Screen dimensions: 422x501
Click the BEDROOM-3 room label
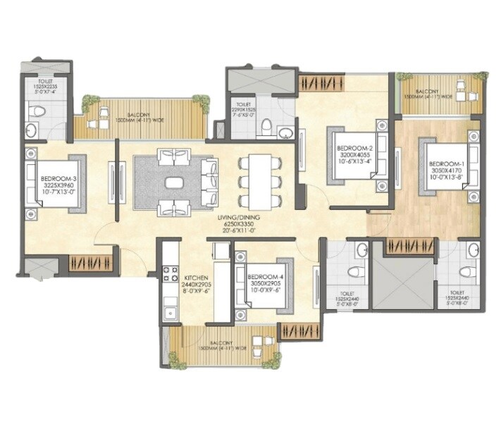57,180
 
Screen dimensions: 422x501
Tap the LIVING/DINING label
240,218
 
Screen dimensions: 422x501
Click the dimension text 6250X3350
240,225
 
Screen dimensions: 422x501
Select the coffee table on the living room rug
174,182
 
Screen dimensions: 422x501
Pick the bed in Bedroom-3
56,185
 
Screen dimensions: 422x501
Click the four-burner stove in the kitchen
169,273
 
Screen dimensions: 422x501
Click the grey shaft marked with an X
402,282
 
